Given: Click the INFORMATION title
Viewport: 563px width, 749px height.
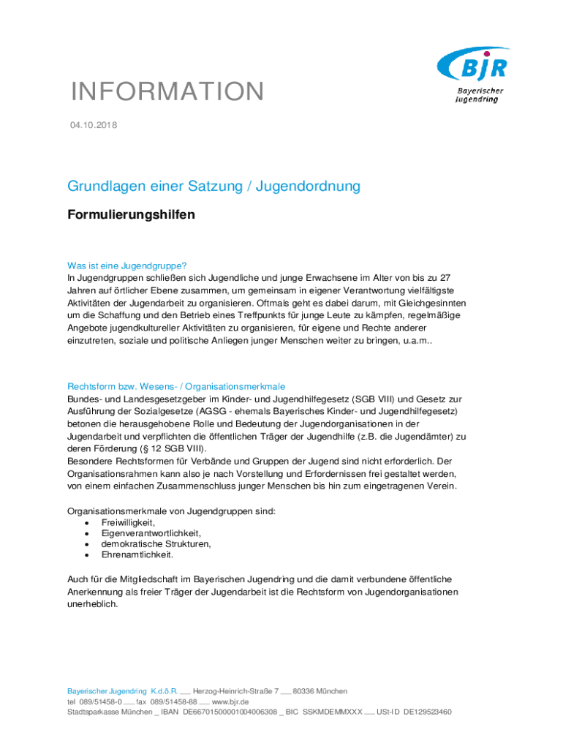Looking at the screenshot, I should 167,92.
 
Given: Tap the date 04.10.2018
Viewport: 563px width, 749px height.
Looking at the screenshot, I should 93,126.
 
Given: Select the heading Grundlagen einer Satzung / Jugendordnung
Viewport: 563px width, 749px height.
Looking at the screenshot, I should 214,186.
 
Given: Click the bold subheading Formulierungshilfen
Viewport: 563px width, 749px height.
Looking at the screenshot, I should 132,215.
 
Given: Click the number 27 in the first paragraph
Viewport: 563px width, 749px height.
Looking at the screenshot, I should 454,278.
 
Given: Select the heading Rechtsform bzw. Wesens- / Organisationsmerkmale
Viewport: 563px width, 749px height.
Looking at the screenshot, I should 176,385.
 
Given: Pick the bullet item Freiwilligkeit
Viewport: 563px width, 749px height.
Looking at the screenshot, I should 128,523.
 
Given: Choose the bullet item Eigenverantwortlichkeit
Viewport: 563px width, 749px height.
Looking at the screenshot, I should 151,534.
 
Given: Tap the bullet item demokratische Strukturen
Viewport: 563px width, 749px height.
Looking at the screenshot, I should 156,544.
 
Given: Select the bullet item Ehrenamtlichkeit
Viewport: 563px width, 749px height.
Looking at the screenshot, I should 137,554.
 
